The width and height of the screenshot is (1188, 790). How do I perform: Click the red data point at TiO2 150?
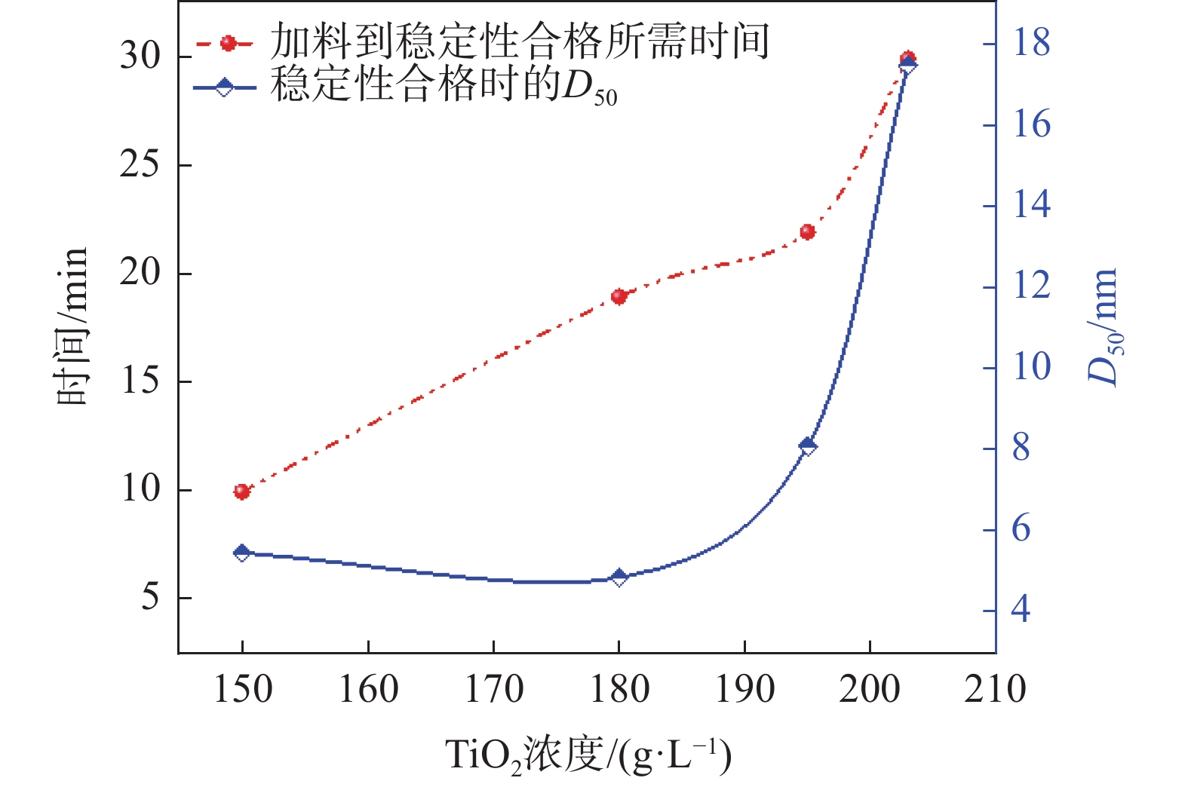[241, 491]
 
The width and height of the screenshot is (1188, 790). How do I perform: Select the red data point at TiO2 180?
[619, 296]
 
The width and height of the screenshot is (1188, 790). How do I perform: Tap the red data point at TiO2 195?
[808, 231]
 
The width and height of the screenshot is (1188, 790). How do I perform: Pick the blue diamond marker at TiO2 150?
[241, 553]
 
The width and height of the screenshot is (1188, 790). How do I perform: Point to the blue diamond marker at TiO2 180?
[619, 577]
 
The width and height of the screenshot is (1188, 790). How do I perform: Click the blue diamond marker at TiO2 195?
[808, 446]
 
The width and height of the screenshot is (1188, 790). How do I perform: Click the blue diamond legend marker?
[224, 87]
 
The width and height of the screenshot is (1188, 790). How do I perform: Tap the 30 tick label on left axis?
[140, 57]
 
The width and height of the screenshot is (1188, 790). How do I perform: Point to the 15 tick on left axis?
[140, 381]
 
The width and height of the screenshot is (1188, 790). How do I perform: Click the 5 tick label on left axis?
[150, 598]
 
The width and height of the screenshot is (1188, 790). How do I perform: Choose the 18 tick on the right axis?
[1030, 43]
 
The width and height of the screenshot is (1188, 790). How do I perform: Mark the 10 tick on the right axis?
[1030, 368]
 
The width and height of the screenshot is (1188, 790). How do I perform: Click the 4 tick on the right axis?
[1021, 609]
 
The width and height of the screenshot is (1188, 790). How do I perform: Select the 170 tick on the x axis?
[493, 689]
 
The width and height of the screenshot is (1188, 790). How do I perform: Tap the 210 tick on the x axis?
[995, 689]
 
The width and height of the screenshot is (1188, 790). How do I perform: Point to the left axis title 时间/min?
[73, 326]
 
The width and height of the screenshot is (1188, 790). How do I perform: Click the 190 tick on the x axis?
[744, 689]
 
